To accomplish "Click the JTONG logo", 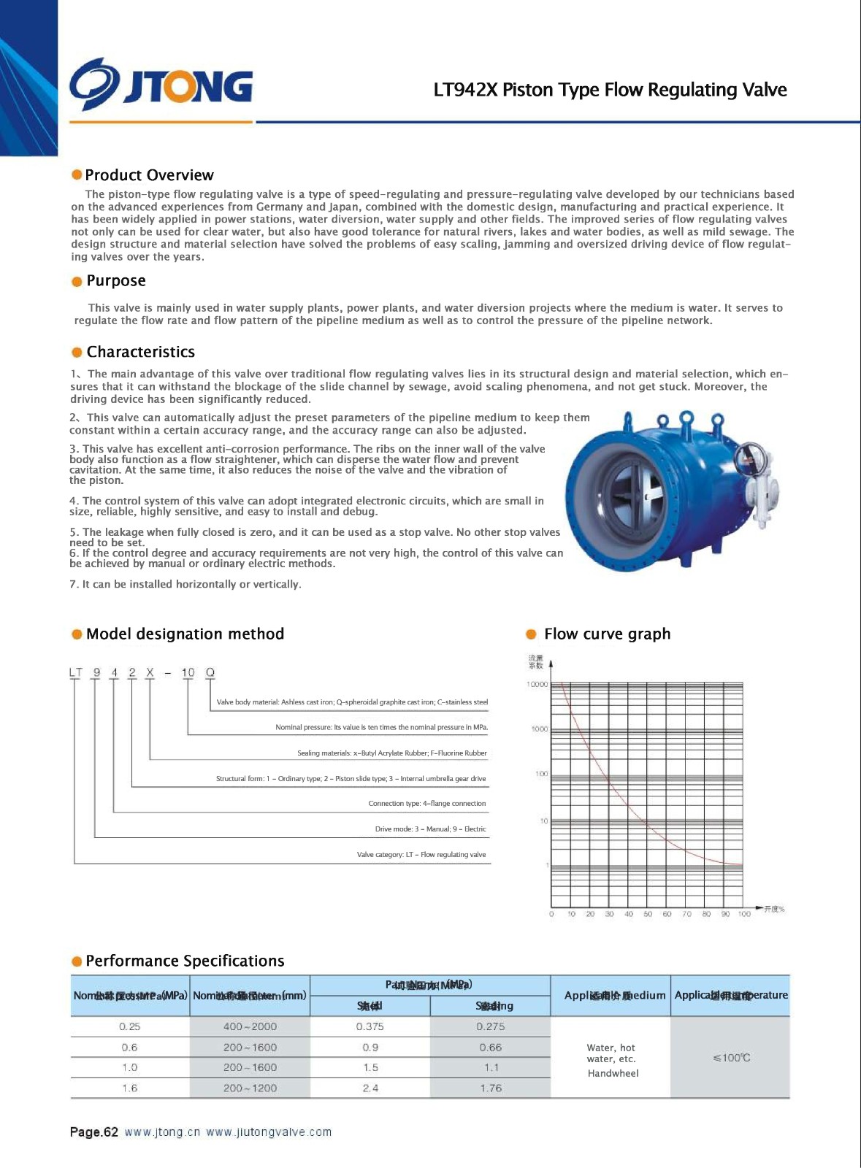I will pos(161,85).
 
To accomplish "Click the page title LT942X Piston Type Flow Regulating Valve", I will pos(610,90).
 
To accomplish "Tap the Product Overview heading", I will pos(149,175).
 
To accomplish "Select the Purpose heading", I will pos(115,281).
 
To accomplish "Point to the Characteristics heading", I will pos(140,352).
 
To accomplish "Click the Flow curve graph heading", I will pos(607,634).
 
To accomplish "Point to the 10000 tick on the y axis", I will pos(537,684).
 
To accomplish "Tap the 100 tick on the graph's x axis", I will pos(744,914).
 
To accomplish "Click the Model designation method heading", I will pos(185,634).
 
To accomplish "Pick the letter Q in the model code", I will pos(210,672).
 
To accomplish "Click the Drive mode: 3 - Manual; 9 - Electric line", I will pos(430,829).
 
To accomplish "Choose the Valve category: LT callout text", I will pos(421,854).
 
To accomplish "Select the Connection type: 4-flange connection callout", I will pos(426,803).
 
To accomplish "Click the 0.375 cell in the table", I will pos(370,1026).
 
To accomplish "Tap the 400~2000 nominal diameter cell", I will pos(250,1026).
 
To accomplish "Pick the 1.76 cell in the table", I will pos(491,1088).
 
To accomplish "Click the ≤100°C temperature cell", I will pos(731,1058).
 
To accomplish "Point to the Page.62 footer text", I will pos(93,1132).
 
